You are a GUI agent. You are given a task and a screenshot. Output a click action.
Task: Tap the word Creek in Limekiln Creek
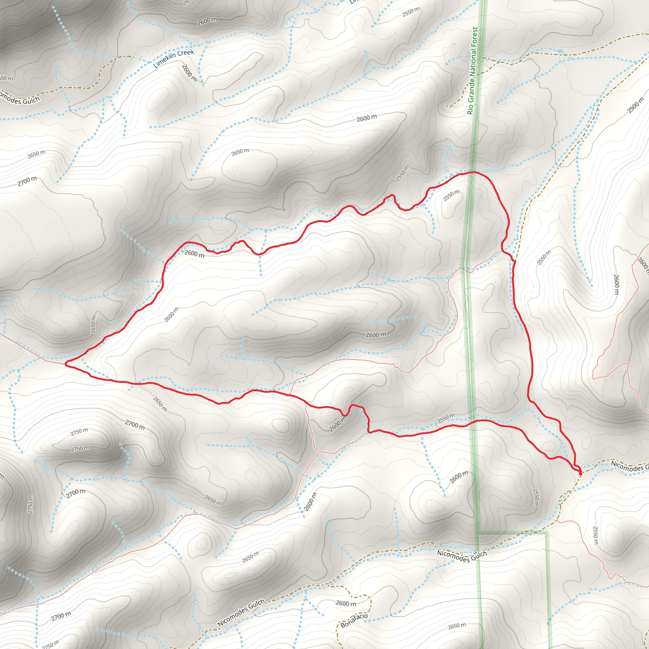tap(186, 53)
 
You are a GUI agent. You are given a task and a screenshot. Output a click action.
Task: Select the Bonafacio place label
tap(354, 620)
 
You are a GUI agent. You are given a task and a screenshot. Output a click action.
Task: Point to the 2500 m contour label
tap(636, 106)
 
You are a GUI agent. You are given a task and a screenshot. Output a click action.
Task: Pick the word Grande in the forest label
tap(472, 89)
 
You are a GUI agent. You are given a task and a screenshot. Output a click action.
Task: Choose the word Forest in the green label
tap(475, 37)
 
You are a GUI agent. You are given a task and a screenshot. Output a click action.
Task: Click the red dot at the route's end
tap(580, 474)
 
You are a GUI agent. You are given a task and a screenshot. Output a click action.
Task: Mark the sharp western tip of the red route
tap(66, 364)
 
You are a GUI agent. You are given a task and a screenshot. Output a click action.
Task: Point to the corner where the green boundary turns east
tap(478, 533)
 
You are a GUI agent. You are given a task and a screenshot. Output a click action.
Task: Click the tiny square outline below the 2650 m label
tap(235, 169)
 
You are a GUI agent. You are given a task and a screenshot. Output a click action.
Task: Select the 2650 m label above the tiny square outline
tap(240, 152)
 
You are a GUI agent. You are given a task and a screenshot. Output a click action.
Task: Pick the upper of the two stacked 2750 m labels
tap(80, 432)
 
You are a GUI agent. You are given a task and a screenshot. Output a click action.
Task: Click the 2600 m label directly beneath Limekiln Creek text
tap(189, 73)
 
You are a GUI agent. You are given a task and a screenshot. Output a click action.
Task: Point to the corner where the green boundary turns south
tap(547, 533)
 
